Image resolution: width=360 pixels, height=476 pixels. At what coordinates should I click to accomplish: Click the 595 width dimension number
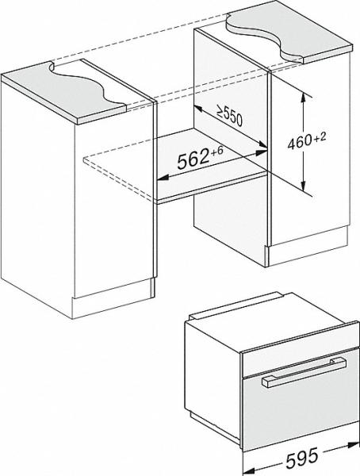coord(302,457)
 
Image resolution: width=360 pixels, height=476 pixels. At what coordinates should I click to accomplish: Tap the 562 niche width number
coord(193,159)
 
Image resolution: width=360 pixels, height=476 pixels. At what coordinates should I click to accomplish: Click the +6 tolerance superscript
coord(216,151)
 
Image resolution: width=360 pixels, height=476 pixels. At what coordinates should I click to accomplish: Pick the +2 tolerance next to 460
coord(320,137)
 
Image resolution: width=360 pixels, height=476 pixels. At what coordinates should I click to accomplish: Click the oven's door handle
coord(304,372)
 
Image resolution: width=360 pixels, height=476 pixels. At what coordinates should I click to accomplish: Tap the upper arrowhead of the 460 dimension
coord(303,98)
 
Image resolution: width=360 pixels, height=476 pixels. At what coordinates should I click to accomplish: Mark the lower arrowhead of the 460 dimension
coord(304,186)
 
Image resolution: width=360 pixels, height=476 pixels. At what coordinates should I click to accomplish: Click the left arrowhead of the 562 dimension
coord(163,178)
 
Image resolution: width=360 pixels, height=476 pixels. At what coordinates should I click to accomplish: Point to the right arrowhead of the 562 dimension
coord(262,152)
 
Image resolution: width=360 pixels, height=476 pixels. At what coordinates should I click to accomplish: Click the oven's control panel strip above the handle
coord(301,349)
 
